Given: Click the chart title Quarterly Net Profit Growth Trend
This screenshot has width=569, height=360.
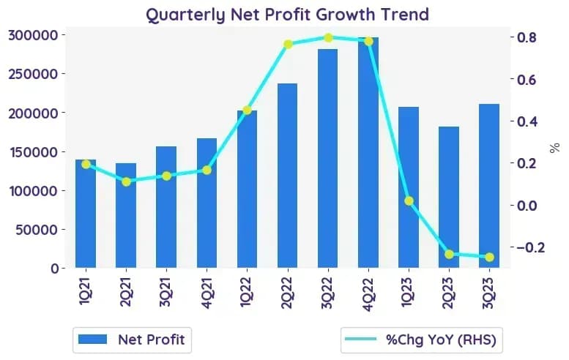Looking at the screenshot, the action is tap(287, 15).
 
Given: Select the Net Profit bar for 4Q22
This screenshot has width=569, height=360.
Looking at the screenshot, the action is tap(368, 152).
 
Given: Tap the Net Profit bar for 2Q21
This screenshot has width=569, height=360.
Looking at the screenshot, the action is tap(126, 215).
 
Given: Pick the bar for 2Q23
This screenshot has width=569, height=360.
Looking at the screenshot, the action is tap(449, 198).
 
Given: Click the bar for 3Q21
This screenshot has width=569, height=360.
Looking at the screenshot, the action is tap(166, 207).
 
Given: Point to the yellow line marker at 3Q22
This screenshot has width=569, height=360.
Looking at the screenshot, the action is tap(328, 38).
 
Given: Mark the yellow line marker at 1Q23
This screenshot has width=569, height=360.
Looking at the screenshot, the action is tap(409, 200).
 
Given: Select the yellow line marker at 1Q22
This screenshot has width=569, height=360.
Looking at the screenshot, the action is tap(247, 110).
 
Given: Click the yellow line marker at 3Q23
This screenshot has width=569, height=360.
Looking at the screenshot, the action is tap(489, 257).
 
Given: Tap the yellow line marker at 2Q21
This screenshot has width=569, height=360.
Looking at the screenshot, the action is tap(126, 181).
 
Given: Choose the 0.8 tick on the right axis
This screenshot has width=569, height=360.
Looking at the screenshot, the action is tap(527, 37).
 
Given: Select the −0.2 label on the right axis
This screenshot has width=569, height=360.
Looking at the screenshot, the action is tap(530, 247).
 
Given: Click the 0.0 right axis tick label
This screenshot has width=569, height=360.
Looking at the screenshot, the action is tap(527, 206).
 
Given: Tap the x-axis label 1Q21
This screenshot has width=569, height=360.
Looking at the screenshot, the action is tap(86, 292).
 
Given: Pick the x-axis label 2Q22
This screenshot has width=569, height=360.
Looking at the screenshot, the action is tap(287, 293).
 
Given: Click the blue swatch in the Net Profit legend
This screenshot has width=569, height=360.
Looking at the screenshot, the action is tap(92, 340).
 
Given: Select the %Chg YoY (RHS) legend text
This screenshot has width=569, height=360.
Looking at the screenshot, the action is tap(441, 340).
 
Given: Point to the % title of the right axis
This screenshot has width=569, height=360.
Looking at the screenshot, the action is tap(554, 148).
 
